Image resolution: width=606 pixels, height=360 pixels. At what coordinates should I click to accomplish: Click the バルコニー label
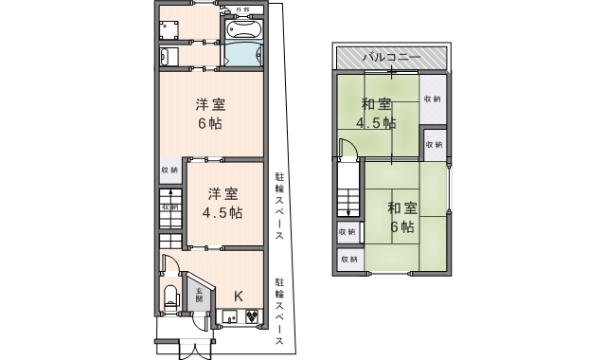click(391, 58)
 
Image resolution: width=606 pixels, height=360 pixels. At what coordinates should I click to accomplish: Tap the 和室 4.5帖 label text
click(376, 113)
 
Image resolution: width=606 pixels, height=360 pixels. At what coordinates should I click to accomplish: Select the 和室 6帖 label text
click(401, 217)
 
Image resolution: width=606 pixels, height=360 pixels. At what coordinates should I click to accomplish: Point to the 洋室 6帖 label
click(208, 114)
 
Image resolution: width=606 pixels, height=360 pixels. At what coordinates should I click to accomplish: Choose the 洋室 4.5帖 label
click(222, 201)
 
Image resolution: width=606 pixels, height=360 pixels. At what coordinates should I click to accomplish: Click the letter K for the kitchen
click(239, 296)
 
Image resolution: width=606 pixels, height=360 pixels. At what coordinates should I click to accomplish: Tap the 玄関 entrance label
click(200, 294)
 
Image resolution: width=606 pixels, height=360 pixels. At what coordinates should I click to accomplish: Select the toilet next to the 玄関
click(171, 296)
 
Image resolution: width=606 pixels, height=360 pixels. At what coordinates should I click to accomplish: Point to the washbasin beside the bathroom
click(165, 55)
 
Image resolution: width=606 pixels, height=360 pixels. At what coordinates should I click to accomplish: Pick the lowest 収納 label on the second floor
click(348, 259)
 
